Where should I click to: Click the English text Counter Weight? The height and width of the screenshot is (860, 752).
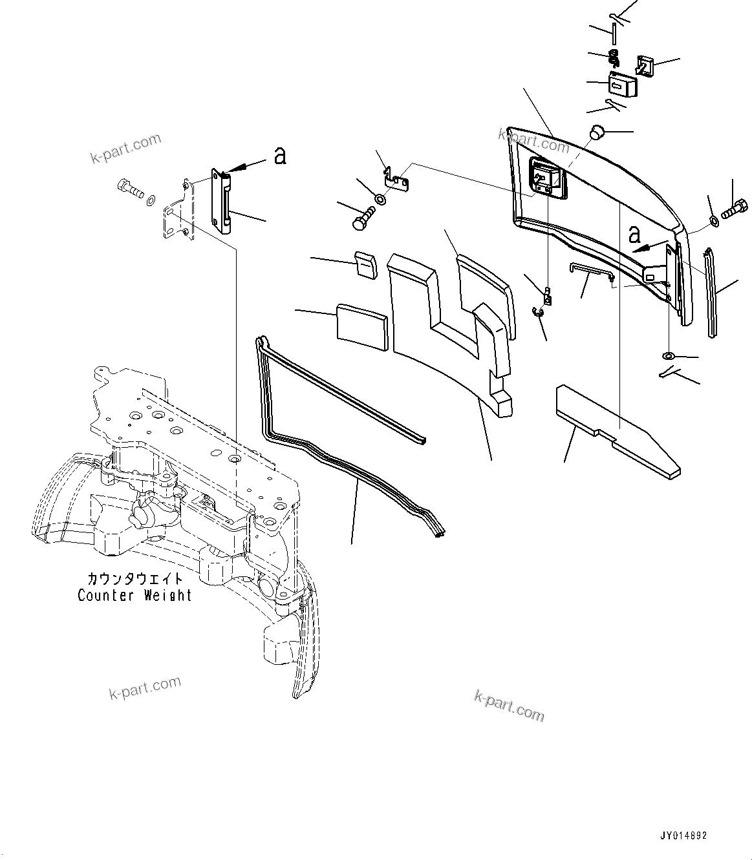click(x=134, y=595)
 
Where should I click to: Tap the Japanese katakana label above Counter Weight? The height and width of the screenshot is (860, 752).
click(x=135, y=578)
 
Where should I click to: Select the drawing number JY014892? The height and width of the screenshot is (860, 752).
click(x=683, y=836)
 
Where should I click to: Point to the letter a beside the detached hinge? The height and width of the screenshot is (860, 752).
click(x=279, y=156)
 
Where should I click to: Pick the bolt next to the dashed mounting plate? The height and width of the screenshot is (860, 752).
click(x=129, y=189)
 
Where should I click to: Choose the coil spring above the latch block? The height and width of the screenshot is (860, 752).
click(x=614, y=58)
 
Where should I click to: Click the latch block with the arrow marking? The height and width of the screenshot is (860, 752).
click(x=622, y=84)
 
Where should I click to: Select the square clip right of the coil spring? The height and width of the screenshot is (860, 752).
click(x=645, y=65)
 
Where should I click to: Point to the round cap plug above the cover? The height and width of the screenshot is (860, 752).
click(x=596, y=133)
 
